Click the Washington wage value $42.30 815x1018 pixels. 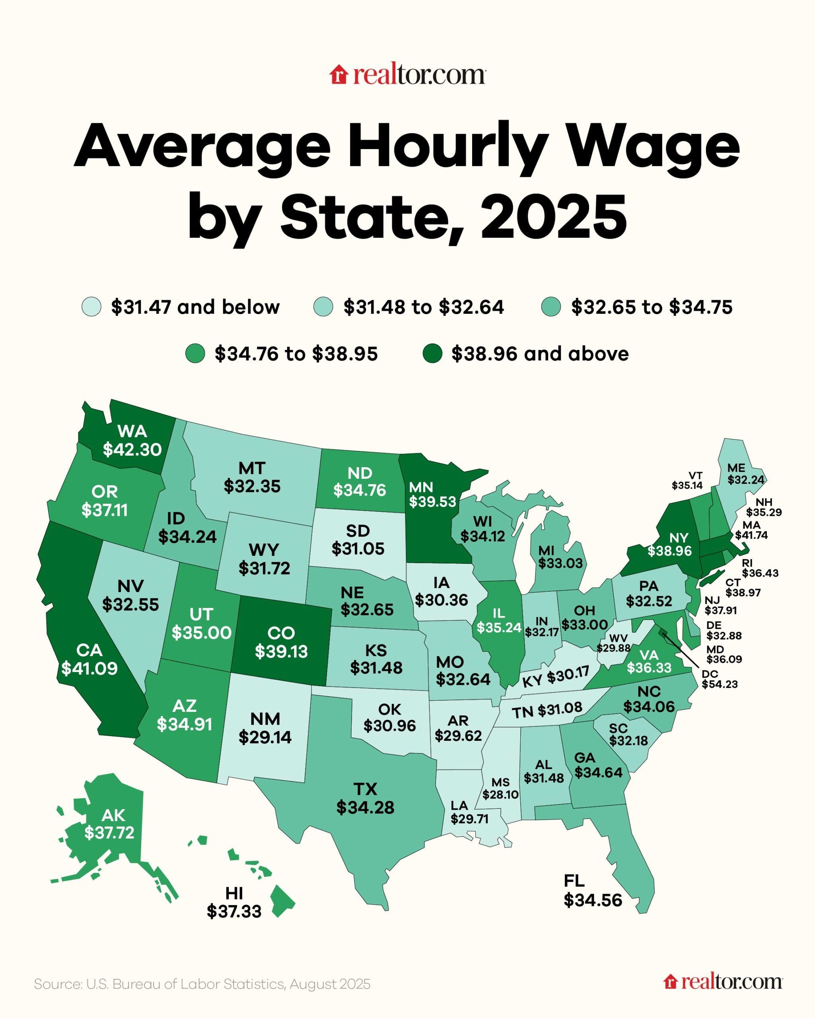click(x=132, y=449)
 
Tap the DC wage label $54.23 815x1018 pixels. click(x=719, y=684)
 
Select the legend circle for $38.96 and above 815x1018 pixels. click(x=432, y=353)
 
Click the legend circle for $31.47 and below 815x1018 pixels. click(x=91, y=307)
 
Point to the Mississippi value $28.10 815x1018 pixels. click(x=500, y=795)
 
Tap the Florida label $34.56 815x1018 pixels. click(x=593, y=900)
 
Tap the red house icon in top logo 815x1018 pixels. click(x=338, y=75)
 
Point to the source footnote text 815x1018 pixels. click(x=202, y=984)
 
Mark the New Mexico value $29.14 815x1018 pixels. click(x=265, y=737)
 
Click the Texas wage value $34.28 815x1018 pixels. click(x=365, y=807)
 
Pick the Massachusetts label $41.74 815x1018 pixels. click(x=751, y=535)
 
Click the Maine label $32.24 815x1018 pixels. click(x=745, y=480)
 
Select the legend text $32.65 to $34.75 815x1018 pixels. click(x=652, y=307)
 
